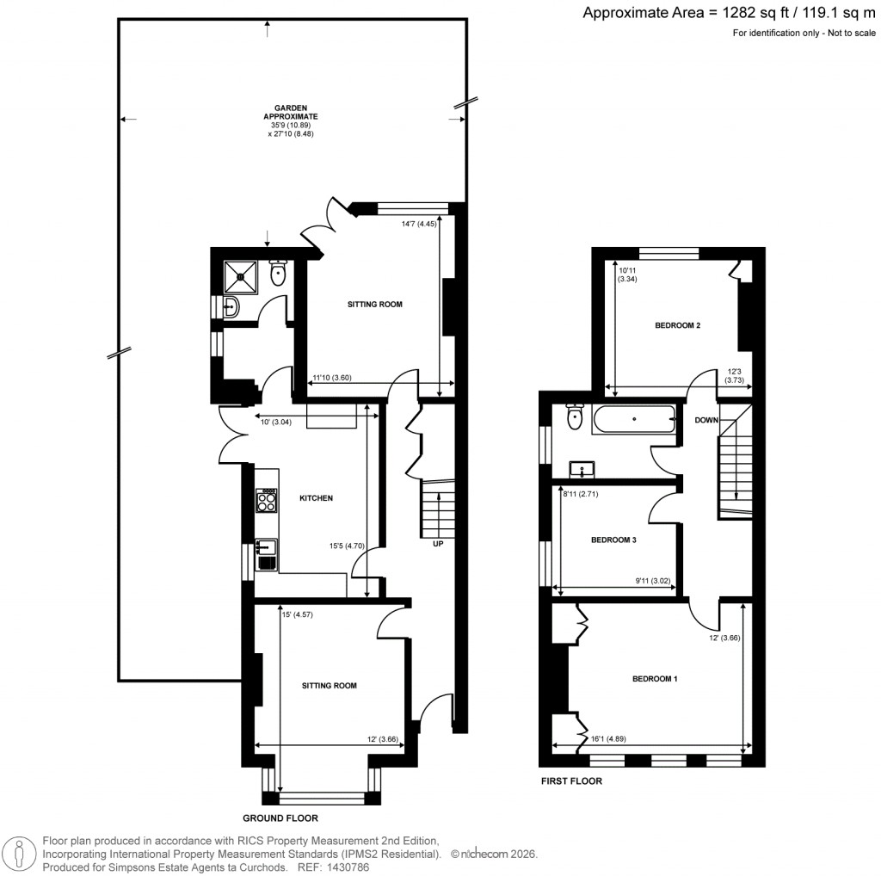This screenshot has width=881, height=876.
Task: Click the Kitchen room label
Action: coord(316,498)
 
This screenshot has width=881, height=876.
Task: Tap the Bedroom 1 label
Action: coord(655,679)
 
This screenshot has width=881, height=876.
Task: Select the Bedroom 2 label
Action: coord(677,325)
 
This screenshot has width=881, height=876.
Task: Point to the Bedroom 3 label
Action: coord(613,540)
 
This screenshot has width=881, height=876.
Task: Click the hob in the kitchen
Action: coord(266,500)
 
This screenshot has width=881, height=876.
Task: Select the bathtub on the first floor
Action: coord(634,419)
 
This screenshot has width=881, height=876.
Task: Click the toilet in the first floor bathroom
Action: coord(576,418)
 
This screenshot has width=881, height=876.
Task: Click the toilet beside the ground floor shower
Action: coord(277,274)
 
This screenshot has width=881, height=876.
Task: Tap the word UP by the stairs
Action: coord(437,544)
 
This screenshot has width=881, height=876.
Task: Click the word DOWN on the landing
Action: coord(706,420)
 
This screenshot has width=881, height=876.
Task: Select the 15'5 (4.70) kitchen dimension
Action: coord(348,544)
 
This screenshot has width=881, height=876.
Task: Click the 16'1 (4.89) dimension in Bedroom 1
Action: coord(608,737)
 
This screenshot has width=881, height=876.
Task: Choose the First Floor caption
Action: coord(570,782)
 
